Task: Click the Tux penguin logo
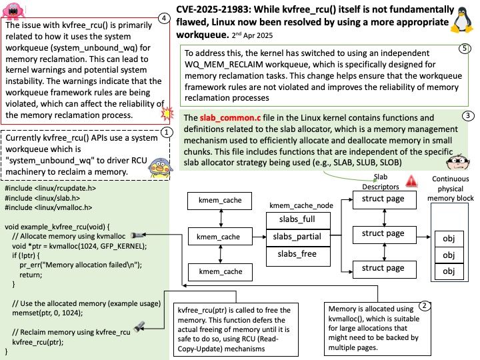tap(462, 20)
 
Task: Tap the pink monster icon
tap(13, 11)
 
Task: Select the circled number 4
tap(164, 19)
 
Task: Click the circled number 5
tap(465, 49)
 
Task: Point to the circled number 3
tap(468, 115)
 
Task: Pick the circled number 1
tap(167, 133)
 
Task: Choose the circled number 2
tap(424, 305)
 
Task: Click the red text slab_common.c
tap(230, 118)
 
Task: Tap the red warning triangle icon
tap(411, 181)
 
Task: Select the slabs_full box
tap(298, 221)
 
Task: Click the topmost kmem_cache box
tap(219, 201)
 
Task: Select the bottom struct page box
tap(385, 269)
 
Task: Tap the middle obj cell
tap(449, 255)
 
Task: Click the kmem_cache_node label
tap(301, 205)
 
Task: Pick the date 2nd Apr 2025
tap(252, 35)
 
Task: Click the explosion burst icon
tap(167, 113)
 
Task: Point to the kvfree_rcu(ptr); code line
tap(37, 342)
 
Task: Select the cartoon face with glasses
tap(457, 162)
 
